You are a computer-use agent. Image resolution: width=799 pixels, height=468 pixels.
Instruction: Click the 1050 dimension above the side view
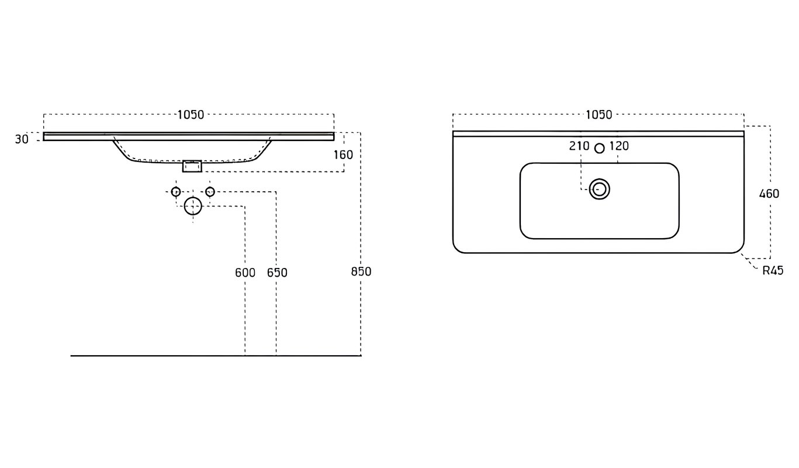pos(190,115)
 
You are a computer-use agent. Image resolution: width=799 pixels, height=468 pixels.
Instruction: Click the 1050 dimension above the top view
pos(599,115)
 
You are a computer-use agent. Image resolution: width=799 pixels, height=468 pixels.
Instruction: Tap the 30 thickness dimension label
pos(22,139)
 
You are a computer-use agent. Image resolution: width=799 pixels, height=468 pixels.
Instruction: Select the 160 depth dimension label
pos(344,155)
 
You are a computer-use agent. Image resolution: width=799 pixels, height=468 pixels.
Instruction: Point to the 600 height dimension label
pos(245,273)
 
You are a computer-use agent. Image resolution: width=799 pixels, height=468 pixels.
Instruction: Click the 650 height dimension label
pos(277,273)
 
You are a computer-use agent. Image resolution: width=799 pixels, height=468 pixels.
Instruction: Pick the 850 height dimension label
pos(361,271)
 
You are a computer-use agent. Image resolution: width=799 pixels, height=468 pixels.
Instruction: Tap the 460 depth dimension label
pos(769,194)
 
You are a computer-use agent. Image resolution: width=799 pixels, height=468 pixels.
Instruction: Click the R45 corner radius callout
pos(773,270)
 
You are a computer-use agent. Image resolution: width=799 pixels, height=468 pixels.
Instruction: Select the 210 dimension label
pos(579,146)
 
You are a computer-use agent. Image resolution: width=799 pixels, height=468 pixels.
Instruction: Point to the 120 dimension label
pos(619,146)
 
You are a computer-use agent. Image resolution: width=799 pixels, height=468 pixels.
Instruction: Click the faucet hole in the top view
pos(599,148)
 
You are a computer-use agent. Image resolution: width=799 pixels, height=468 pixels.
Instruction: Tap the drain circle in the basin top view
pos(599,190)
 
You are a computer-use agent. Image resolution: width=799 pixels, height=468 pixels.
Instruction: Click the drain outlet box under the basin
pos(192,166)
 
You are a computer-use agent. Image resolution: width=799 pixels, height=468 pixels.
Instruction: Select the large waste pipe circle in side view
pos(193,206)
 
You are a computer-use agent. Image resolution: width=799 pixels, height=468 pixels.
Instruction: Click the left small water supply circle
pos(175,192)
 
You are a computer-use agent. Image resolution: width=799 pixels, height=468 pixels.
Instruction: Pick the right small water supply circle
pos(210,192)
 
